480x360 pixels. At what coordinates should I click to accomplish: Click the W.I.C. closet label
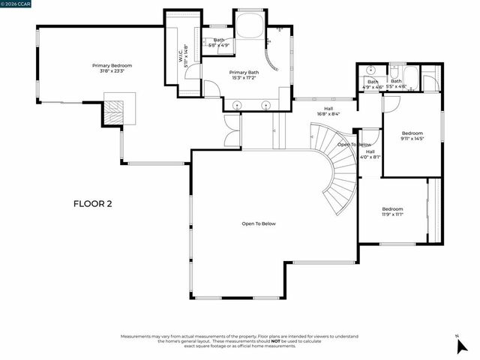181,54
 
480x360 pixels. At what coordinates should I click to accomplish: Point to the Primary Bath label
244,71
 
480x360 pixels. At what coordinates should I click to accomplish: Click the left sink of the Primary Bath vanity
237,105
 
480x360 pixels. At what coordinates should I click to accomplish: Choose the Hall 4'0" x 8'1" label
370,154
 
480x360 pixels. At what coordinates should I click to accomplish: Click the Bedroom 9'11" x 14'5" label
412,136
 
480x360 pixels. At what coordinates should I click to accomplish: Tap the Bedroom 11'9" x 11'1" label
392,211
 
